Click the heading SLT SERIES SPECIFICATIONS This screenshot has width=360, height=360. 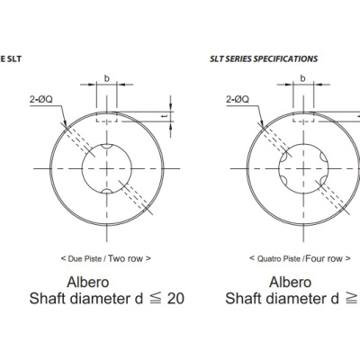tap(264, 58)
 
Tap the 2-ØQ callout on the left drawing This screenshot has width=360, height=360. tap(41, 99)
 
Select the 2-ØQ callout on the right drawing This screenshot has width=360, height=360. tap(238, 99)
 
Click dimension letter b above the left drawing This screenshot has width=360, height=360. tap(107, 78)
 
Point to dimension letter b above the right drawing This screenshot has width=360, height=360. tap(303, 78)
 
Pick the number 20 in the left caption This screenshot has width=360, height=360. tap(175, 299)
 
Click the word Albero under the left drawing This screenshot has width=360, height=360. tap(88, 282)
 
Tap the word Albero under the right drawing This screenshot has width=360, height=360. tap(290, 282)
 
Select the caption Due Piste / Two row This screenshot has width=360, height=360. tap(106, 258)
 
